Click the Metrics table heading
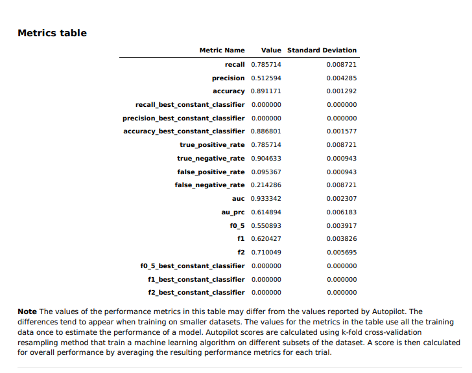pyautogui.click(x=52, y=33)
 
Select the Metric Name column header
pyautogui.click(x=222, y=51)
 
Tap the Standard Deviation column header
pyautogui.click(x=322, y=51)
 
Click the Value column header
pyautogui.click(x=271, y=51)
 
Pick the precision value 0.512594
pyautogui.click(x=266, y=78)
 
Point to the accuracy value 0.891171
pyautogui.click(x=266, y=91)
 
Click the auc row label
pyautogui.click(x=238, y=199)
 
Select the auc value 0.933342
pyautogui.click(x=266, y=199)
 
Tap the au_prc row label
pyautogui.click(x=233, y=212)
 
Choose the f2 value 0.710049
pyautogui.click(x=266, y=253)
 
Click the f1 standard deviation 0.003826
pyautogui.click(x=342, y=239)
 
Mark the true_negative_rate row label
pyautogui.click(x=211, y=159)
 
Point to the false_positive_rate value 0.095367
pyautogui.click(x=266, y=172)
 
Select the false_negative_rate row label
pyautogui.click(x=209, y=185)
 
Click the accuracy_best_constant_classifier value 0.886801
pyautogui.click(x=266, y=131)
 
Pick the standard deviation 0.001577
pyautogui.click(x=342, y=131)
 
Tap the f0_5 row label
pyautogui.click(x=237, y=226)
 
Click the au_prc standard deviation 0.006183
pyautogui.click(x=342, y=212)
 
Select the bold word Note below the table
pyautogui.click(x=27, y=312)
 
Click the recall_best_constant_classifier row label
pyautogui.click(x=190, y=104)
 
